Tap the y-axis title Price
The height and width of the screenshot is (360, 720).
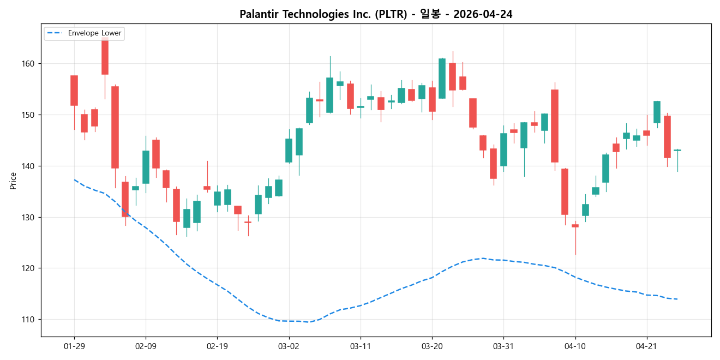coord(13,181)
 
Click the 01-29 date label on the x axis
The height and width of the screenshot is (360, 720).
coord(74,346)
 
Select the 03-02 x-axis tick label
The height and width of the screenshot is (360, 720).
coord(289,346)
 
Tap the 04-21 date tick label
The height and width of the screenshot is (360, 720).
coord(646,346)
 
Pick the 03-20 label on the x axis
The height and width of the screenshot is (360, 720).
coord(432,346)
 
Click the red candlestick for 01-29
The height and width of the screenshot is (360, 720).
coord(74,91)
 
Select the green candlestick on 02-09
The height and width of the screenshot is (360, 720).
coord(146,167)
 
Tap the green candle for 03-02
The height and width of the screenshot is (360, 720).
coord(289,151)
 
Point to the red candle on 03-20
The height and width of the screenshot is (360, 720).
coord(432,99)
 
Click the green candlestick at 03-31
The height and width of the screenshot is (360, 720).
coord(503,149)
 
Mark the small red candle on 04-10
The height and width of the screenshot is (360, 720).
coord(575,226)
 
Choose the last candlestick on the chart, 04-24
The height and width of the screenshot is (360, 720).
coord(677,150)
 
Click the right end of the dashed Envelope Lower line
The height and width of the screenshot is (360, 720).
coord(677,299)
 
